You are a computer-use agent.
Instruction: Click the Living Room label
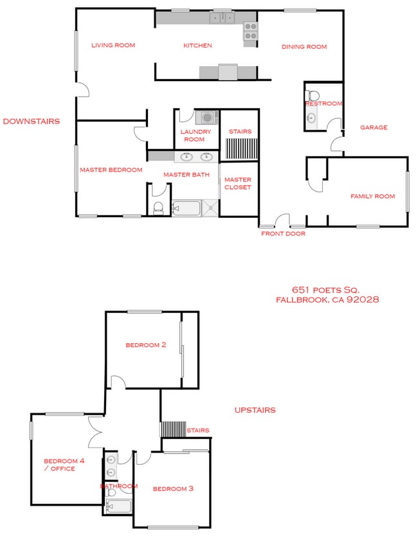[113, 45]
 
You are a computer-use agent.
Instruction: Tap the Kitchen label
[197, 46]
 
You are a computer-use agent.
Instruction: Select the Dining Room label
[304, 47]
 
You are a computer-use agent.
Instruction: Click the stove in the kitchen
[250, 31]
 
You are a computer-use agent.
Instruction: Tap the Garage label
[374, 127]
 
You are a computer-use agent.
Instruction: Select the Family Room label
[372, 196]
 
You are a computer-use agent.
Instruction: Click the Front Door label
[283, 234]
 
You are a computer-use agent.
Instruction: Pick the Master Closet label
[238, 183]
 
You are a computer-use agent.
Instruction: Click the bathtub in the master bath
[186, 208]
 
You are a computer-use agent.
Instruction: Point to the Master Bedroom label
[111, 170]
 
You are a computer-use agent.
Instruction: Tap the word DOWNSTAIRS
[32, 121]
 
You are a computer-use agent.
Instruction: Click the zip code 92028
[364, 300]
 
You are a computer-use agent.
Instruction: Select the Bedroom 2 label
[146, 345]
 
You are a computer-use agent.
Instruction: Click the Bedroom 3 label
[173, 489]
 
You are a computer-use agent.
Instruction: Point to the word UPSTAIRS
[255, 410]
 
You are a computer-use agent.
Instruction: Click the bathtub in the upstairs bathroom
[120, 507]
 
